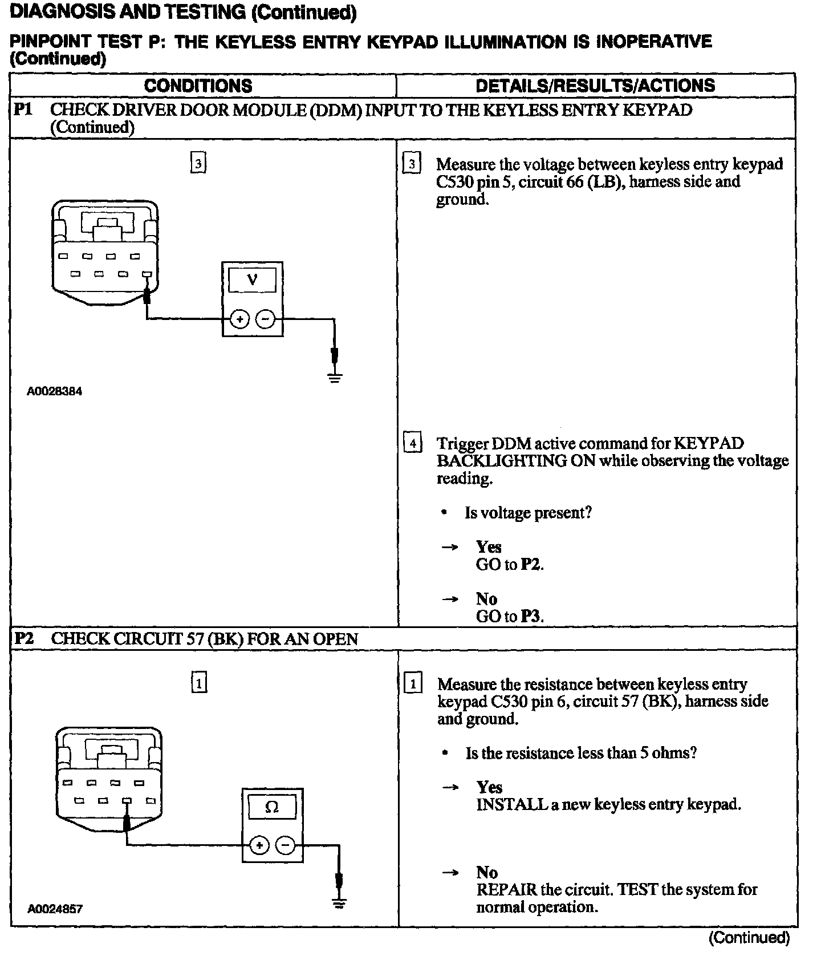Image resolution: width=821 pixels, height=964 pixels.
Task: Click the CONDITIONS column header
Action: coord(198,86)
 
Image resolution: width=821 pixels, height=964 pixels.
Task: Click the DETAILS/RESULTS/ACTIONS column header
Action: coord(595,86)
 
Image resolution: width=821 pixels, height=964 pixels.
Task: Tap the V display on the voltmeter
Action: coord(252,280)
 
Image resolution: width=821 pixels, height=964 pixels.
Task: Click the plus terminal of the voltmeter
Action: coord(240,319)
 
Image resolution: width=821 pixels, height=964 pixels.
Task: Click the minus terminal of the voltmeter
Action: coord(265,319)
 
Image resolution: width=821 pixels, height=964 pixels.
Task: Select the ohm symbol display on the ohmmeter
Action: coord(272,807)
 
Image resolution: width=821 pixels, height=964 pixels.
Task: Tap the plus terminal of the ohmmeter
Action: coord(259,845)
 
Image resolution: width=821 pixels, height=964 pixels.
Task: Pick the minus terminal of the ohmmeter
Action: coord(286,845)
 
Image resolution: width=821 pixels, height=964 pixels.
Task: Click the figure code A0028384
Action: coord(55,392)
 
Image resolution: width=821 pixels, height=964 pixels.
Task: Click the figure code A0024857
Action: coord(55,909)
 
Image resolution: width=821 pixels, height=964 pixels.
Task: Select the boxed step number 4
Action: coord(412,443)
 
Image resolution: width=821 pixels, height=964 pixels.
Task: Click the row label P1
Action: coord(23,110)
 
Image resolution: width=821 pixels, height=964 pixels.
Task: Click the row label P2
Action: coord(23,638)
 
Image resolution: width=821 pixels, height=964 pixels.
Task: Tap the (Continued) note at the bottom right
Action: coord(749,938)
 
